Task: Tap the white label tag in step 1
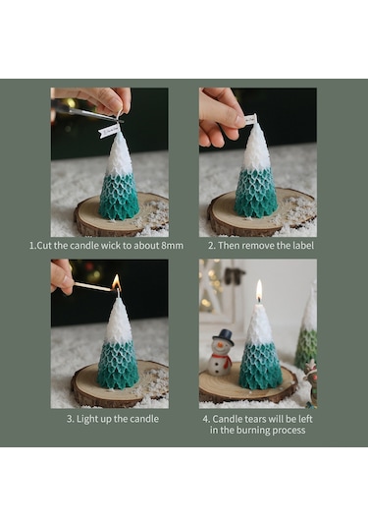click(109, 130)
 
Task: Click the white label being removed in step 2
click(250, 120)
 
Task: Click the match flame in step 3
click(116, 283)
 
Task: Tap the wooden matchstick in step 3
click(94, 288)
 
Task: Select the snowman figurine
click(221, 355)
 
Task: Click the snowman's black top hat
click(223, 337)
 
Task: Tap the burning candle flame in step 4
click(259, 291)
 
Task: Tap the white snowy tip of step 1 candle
click(119, 155)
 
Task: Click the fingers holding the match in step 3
click(62, 277)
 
